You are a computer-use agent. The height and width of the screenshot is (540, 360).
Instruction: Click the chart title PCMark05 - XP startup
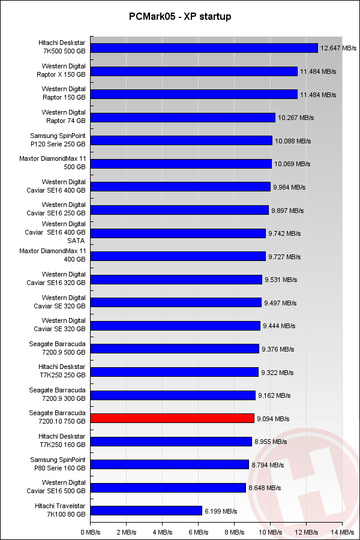tap(180, 17)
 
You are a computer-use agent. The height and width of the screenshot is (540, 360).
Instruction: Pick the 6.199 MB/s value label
tap(221, 511)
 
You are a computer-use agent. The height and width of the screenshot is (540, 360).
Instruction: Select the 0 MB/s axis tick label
tap(91, 532)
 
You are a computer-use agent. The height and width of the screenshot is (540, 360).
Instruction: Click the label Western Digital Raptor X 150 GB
tap(64, 70)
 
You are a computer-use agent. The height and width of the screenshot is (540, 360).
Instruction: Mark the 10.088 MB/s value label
tap(293, 141)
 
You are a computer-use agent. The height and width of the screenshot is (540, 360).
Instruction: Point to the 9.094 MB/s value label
tap(274, 419)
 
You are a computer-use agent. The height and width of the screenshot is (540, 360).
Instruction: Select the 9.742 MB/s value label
tap(286, 233)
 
